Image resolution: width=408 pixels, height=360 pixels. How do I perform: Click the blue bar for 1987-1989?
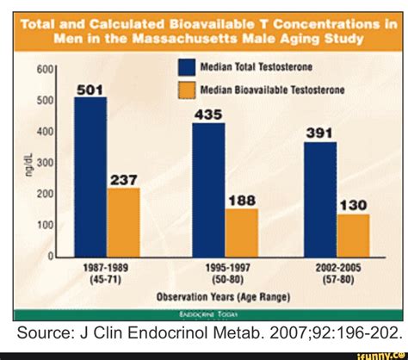[x=90, y=177]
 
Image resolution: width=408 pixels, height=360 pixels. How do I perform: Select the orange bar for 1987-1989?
[x=123, y=222]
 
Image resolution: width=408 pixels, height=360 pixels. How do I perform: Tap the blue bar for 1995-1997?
[x=208, y=189]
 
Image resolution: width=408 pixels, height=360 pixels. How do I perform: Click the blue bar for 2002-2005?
[x=320, y=199]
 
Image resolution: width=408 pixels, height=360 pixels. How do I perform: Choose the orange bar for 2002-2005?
[x=353, y=235]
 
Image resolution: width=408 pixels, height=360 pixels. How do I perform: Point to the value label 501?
[x=90, y=89]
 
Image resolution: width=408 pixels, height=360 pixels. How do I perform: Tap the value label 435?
[x=208, y=114]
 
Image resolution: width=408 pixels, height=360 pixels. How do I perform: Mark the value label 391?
[x=320, y=133]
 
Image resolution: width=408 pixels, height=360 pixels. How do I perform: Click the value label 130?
[x=354, y=205]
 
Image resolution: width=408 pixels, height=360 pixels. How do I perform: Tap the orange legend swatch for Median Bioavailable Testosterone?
[x=189, y=89]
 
